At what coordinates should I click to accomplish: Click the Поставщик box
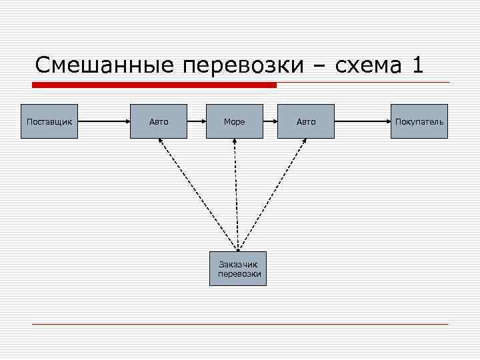coord(49,121)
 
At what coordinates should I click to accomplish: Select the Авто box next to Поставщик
coord(159,121)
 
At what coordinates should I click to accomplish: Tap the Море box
coord(234,121)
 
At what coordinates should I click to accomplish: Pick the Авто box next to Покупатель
coord(306,121)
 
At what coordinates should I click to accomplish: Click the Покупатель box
coord(419,121)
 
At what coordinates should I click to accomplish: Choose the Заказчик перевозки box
coord(238,269)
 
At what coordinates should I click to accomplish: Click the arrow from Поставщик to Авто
coord(104,121)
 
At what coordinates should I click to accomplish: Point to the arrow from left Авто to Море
coord(197,121)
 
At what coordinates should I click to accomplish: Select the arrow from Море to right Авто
coord(270,121)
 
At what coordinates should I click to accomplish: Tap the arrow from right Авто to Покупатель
coord(363,121)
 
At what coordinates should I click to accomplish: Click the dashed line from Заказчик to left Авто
coord(198,195)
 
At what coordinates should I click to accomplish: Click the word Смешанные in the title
coord(105,65)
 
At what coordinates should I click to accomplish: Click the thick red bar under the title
coord(155,85)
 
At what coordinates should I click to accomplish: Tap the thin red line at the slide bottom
coord(240,325)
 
